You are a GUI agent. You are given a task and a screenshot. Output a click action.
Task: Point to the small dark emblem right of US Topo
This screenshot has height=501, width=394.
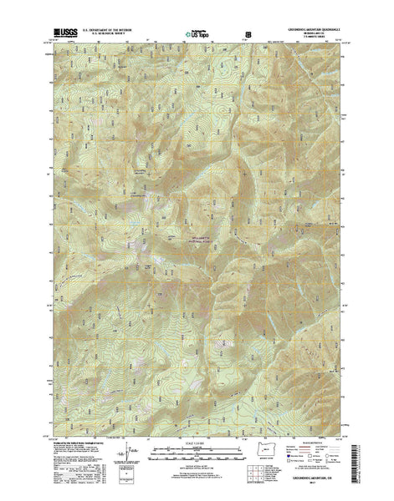tap(248, 34)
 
